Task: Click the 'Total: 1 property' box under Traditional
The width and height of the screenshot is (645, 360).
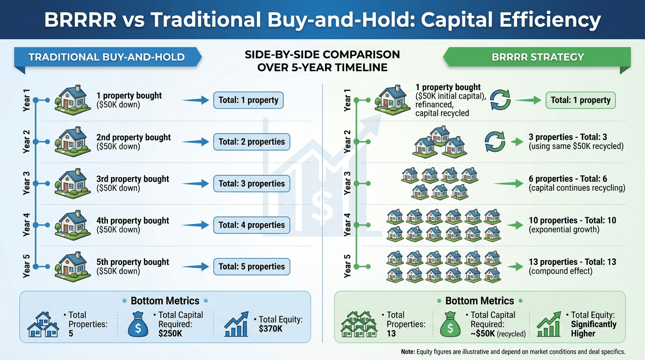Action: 248,100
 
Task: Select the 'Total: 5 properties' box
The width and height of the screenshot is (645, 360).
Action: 251,267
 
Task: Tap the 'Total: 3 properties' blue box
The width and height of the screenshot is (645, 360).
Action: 251,183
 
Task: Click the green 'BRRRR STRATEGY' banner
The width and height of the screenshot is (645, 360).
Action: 537,58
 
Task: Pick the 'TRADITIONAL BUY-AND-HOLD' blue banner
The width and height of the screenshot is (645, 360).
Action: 106,58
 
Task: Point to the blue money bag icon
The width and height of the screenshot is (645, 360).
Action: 138,324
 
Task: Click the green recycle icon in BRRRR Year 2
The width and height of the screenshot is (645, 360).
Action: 495,141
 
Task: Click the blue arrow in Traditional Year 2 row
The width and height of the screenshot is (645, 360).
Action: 195,142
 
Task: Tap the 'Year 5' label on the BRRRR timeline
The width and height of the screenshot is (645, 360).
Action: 347,266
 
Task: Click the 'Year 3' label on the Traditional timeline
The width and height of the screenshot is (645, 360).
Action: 26,183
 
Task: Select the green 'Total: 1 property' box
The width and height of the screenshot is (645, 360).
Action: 580,100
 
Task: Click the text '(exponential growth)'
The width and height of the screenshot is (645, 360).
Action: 564,230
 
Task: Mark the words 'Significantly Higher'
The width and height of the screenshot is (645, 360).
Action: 593,329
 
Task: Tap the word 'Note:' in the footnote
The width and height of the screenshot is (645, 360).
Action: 408,352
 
